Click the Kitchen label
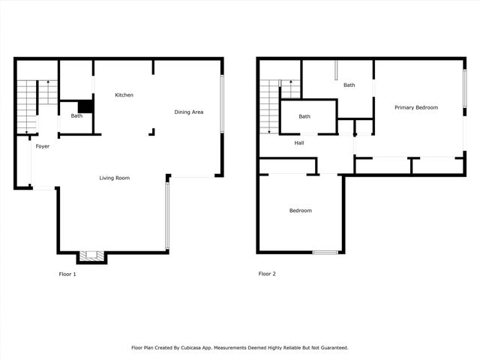124,95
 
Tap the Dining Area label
189,112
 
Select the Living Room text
115,178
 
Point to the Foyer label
43,146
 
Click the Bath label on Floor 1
76,116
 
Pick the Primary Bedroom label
416,108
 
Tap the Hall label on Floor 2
299,142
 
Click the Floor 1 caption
67,274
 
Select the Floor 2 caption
267,274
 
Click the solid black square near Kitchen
85,106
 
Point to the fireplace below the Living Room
92,256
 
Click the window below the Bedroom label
325,252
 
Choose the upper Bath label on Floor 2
349,85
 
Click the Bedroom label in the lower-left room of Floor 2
301,211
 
